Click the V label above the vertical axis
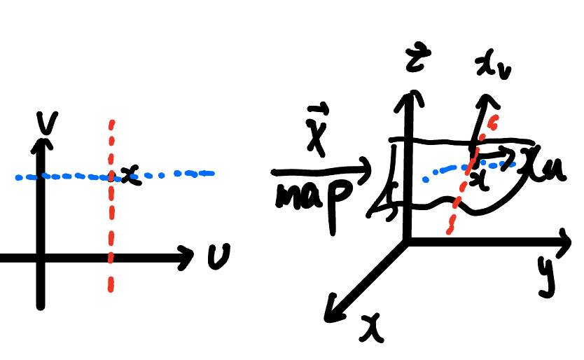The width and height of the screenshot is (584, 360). pyautogui.click(x=48, y=123)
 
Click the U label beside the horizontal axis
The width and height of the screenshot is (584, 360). pyautogui.click(x=219, y=256)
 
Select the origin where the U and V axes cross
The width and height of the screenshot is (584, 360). pyautogui.click(x=41, y=258)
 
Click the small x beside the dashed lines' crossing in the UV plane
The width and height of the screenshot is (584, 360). pyautogui.click(x=130, y=175)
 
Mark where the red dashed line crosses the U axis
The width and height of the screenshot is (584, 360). pyautogui.click(x=111, y=258)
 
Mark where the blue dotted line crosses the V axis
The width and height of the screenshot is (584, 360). pyautogui.click(x=41, y=176)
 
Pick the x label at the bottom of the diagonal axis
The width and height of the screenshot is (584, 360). pyautogui.click(x=372, y=328)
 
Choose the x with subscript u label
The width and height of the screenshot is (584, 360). pyautogui.click(x=545, y=167)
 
